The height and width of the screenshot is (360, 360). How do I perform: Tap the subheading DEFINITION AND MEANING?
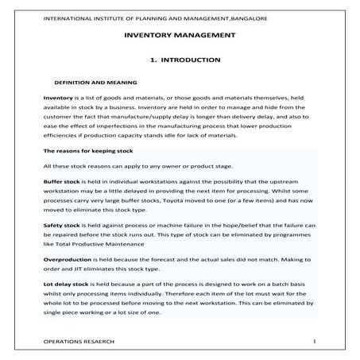[x=95, y=82]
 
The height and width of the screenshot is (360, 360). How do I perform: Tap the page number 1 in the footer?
[x=315, y=340]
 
